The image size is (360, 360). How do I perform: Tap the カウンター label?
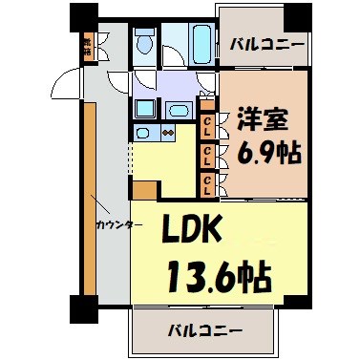119,225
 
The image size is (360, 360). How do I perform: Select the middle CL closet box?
207,150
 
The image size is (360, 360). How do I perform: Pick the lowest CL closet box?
207,179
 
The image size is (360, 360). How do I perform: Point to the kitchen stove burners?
167,133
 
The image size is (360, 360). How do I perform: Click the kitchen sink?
144,133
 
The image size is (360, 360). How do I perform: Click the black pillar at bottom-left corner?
81,307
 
